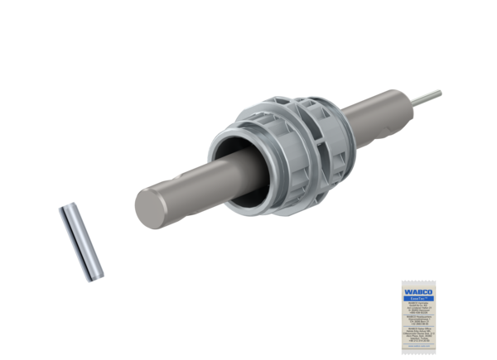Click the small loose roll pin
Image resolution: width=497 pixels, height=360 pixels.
81,242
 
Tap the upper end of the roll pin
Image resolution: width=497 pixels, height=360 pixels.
65,210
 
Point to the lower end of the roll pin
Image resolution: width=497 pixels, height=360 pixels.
97,274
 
